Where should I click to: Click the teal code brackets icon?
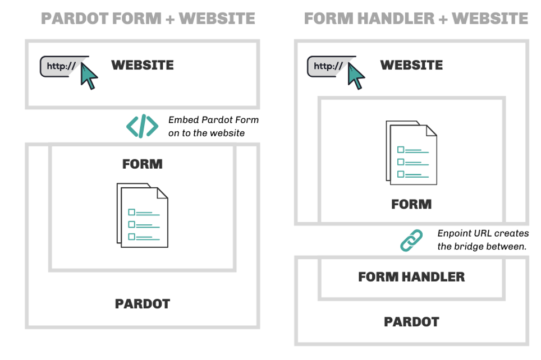(x=142, y=126)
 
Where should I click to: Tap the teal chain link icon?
(x=411, y=241)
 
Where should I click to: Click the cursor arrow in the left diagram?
(x=89, y=76)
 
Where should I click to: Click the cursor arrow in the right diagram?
(x=356, y=76)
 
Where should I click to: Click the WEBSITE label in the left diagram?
(x=143, y=65)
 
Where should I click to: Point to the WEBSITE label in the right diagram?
(x=411, y=65)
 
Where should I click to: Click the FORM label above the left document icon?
(x=142, y=164)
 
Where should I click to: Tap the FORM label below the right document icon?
(x=411, y=205)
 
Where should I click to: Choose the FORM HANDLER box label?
(x=411, y=277)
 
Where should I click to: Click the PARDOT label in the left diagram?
(x=143, y=304)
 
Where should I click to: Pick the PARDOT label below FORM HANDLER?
(x=411, y=322)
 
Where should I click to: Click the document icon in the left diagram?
(x=143, y=215)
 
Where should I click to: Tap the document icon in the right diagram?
(x=411, y=153)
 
